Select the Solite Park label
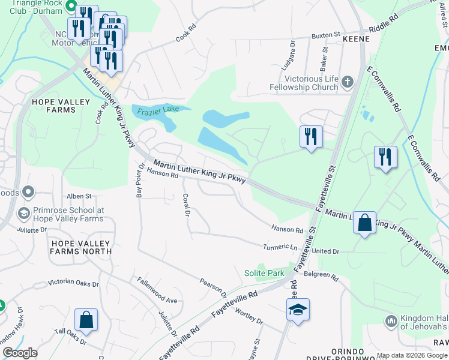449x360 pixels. [264, 273]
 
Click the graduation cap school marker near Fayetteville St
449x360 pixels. [298, 310]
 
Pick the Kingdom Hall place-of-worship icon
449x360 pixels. [391, 321]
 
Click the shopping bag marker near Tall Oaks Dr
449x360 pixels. [86, 320]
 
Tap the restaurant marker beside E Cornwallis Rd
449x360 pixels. [385, 157]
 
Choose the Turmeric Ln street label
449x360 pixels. [280, 247]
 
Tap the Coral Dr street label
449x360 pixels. [186, 205]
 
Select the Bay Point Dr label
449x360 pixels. [140, 179]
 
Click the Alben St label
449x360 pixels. [79, 196]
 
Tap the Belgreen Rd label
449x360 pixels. [321, 274]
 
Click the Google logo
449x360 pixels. [20, 353]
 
